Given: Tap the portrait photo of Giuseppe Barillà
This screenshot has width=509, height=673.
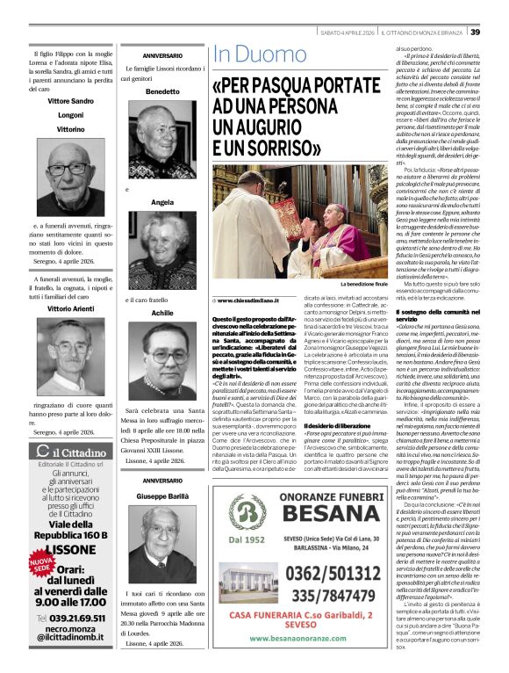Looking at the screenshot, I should [x=161, y=536].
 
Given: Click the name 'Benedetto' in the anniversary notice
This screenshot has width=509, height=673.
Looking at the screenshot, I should [x=161, y=91].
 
